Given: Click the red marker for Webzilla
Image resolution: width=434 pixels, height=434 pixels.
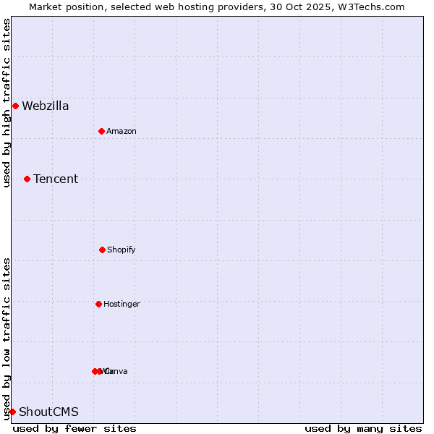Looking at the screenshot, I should pos(15,106).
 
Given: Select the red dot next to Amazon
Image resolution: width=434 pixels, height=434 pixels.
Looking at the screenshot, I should pos(101,131).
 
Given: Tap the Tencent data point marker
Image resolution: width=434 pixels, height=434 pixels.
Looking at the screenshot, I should pos(27,179).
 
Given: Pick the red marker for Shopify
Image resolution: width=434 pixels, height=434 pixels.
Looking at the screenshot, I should pos(102,250).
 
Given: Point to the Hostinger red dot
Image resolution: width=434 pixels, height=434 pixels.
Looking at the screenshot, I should pos(98,304).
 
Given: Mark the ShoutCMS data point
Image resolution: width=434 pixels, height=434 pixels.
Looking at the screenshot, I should pos(12,412).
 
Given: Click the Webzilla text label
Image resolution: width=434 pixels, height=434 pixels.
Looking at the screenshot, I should pos(46,106).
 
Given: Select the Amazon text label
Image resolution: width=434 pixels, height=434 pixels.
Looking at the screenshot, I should pos(122,131).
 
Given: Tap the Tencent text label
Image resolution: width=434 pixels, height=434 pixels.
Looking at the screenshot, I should pos(56,179).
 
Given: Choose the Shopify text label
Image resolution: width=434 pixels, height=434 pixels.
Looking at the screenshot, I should pos(122,250).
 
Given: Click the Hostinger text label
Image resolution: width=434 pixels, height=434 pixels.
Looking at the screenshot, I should pos(122,304).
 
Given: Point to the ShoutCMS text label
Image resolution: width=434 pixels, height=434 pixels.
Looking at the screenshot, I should pos(48,412).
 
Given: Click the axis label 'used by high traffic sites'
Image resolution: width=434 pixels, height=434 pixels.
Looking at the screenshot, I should pos(7,103).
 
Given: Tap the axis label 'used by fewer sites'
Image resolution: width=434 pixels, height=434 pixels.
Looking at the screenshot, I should pos(75,428).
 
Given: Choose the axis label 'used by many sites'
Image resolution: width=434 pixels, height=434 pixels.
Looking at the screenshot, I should pos(363,428).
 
